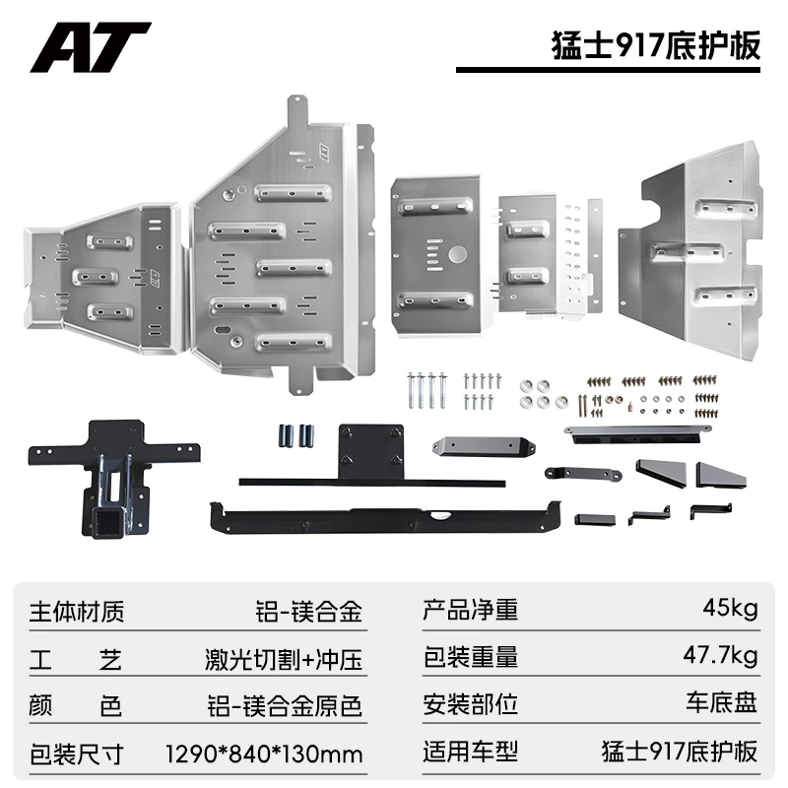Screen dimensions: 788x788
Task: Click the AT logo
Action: click(x=91, y=47)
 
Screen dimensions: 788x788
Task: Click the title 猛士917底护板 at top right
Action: click(x=656, y=45)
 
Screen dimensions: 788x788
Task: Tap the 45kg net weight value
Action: click(x=730, y=609)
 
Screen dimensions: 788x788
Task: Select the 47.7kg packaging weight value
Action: click(x=720, y=656)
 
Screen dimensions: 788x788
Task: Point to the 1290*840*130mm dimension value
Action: click(x=264, y=754)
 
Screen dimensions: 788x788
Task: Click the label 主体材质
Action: click(x=77, y=612)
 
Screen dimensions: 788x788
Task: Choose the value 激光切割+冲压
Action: click(x=284, y=659)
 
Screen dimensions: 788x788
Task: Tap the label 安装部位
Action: click(x=471, y=704)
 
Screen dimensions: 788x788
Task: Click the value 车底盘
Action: click(x=722, y=702)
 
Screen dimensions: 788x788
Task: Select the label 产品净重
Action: click(x=471, y=610)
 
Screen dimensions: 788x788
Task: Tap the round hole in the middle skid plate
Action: click(x=458, y=254)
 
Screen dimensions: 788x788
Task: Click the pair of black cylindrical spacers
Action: click(x=296, y=435)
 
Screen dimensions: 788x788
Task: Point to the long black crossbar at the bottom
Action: click(x=385, y=518)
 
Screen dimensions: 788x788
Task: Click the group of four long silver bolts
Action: click(x=427, y=390)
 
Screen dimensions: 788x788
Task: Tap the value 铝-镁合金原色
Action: click(x=285, y=706)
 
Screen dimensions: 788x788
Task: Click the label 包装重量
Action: click(x=471, y=657)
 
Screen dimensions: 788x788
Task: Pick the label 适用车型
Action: click(x=471, y=752)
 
